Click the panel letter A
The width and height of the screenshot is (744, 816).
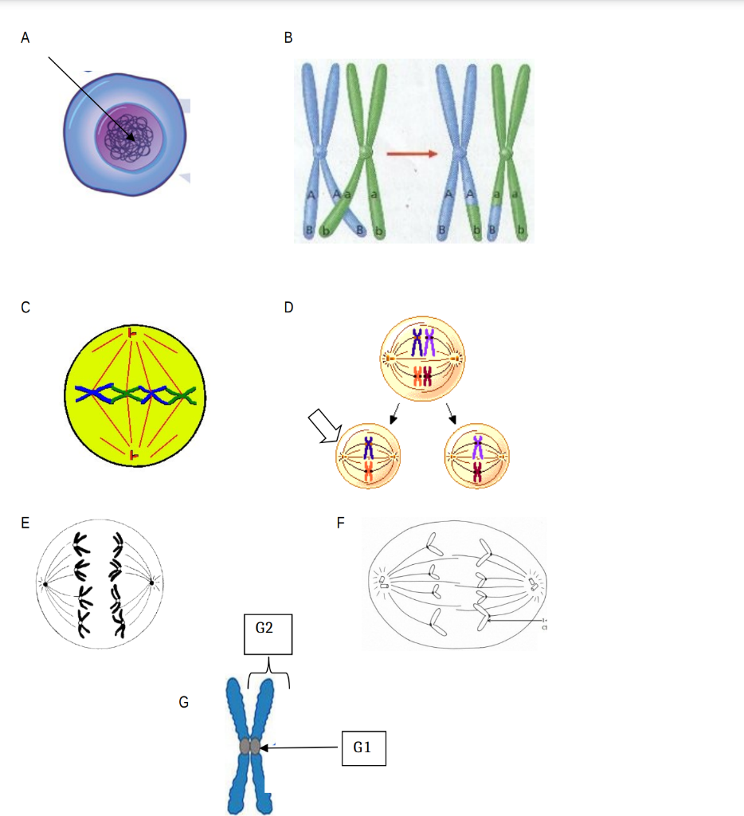click(x=25, y=37)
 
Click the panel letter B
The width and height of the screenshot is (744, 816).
click(x=288, y=37)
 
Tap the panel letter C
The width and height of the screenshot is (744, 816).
click(x=25, y=308)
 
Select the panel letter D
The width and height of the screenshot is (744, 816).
click(x=288, y=308)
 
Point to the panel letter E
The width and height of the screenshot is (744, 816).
click(x=25, y=524)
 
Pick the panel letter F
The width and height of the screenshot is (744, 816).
click(x=341, y=524)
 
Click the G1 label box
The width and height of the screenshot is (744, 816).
click(x=363, y=747)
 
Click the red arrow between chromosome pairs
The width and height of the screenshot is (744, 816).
click(x=411, y=153)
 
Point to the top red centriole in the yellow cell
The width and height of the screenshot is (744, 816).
click(x=133, y=333)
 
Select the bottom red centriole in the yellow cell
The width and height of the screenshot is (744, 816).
click(x=133, y=455)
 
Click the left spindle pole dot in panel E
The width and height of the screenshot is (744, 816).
click(x=45, y=584)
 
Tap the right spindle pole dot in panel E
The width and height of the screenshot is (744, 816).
click(x=151, y=583)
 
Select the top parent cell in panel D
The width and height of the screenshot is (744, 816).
click(x=422, y=360)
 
